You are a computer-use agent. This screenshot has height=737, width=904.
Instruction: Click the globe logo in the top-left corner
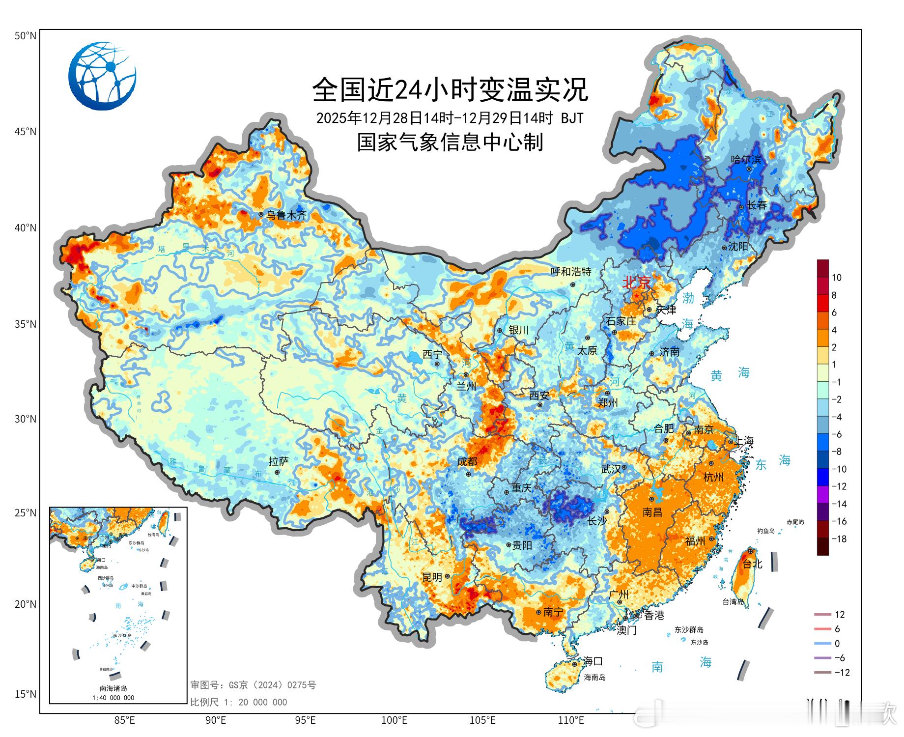(102, 76)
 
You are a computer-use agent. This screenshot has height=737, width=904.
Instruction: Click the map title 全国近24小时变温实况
(450, 89)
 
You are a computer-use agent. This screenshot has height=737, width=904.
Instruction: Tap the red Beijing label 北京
(636, 283)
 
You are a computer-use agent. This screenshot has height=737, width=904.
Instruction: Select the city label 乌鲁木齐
(286, 215)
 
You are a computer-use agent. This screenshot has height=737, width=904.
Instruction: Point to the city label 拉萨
(279, 461)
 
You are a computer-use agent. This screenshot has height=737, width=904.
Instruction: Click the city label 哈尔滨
(746, 159)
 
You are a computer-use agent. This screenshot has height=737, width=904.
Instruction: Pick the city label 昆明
(432, 577)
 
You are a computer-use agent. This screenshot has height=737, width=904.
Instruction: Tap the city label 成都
(467, 461)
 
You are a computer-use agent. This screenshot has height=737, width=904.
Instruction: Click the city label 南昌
(652, 512)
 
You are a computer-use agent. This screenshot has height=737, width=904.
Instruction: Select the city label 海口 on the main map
(593, 661)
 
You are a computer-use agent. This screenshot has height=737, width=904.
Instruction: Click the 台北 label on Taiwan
(752, 564)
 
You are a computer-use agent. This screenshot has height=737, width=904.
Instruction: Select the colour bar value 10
(836, 278)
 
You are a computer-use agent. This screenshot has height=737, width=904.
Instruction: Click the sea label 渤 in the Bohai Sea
(688, 298)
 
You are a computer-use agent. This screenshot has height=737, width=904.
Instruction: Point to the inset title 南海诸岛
(113, 688)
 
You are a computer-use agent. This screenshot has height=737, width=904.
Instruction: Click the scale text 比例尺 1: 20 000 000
(239, 702)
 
